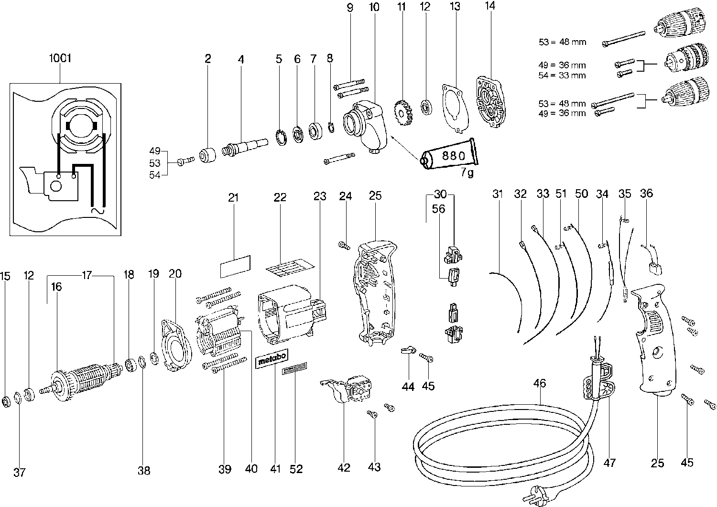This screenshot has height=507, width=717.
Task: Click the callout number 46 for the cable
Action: click(x=540, y=383)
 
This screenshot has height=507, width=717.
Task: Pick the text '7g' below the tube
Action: click(x=467, y=173)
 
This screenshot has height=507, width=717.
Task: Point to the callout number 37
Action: click(x=19, y=473)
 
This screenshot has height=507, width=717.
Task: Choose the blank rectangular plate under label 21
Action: click(x=235, y=266)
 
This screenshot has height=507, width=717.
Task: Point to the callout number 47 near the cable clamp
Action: click(x=609, y=462)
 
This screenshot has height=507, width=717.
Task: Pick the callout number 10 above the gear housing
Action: click(x=374, y=8)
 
